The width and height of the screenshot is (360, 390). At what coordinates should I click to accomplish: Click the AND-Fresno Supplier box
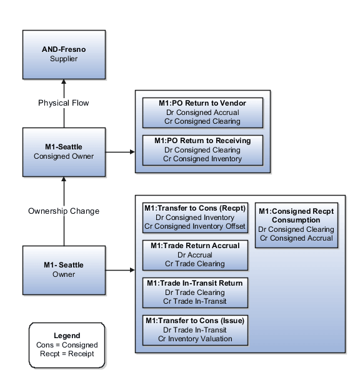click(x=63, y=54)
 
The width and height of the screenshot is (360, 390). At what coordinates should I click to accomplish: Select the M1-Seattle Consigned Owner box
click(x=63, y=151)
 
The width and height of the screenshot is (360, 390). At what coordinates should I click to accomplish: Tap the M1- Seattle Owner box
click(x=63, y=269)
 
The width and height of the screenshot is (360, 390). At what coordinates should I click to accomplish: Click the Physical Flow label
click(x=63, y=102)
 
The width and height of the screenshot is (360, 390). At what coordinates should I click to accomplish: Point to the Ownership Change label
click(x=63, y=211)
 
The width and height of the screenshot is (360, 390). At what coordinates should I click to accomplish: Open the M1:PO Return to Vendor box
click(x=202, y=112)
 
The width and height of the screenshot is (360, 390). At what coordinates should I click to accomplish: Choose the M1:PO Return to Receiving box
click(x=202, y=150)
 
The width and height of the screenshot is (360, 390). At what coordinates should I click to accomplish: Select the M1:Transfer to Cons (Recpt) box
click(x=195, y=217)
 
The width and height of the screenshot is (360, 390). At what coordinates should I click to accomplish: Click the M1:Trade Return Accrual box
click(x=195, y=255)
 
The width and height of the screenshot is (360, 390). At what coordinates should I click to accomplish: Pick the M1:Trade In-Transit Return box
click(x=195, y=292)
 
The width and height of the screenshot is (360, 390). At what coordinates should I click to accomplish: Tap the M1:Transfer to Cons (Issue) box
click(x=195, y=329)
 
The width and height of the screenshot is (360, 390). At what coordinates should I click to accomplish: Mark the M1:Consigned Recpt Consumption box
click(x=296, y=224)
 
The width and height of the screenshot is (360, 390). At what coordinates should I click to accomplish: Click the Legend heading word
click(x=67, y=336)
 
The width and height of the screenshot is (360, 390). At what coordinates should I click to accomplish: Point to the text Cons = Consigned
click(x=67, y=345)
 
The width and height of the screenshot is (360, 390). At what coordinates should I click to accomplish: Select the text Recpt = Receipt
click(x=67, y=354)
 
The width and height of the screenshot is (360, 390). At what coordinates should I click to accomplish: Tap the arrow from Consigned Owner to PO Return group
click(x=120, y=151)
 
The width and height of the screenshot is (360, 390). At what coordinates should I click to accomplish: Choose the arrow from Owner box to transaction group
click(x=120, y=271)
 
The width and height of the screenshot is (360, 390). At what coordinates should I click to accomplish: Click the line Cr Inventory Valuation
click(x=195, y=339)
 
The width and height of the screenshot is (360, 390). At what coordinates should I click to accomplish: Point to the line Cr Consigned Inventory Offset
click(x=195, y=226)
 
